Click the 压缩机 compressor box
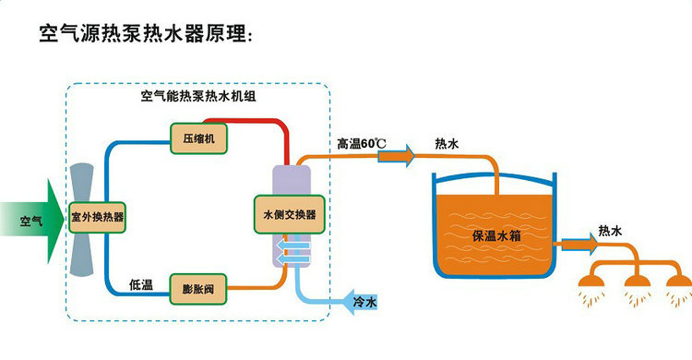pyautogui.click(x=199, y=138)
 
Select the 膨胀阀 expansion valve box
pyautogui.click(x=198, y=289)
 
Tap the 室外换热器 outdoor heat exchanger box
pyautogui.click(x=97, y=217)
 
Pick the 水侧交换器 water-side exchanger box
pyautogui.click(x=290, y=215)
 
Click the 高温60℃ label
pyautogui.click(x=362, y=144)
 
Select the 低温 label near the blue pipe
pyautogui.click(x=141, y=285)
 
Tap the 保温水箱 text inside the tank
pyautogui.click(x=496, y=235)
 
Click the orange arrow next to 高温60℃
pyautogui.click(x=397, y=156)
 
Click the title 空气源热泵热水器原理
pyautogui.click(x=146, y=33)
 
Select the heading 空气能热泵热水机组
pyautogui.click(x=198, y=96)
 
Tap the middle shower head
pyautogui.click(x=637, y=282)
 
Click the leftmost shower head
pyautogui.click(x=591, y=282)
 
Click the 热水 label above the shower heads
pyautogui.click(x=610, y=231)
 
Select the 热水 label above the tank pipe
pyautogui.click(x=447, y=144)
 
